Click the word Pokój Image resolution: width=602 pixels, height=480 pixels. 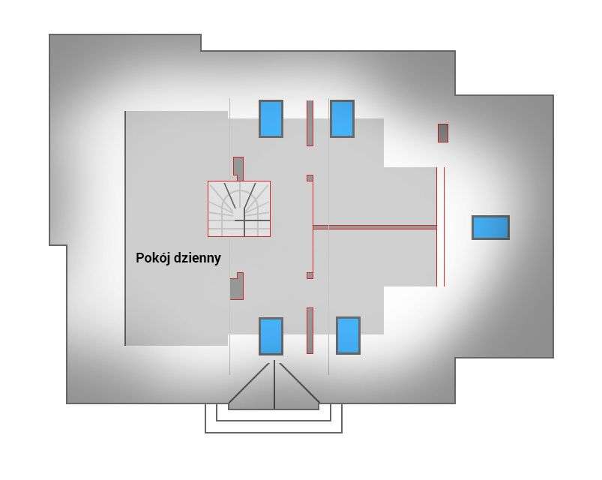coord(153,258)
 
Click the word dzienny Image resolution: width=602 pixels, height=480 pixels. coord(197,258)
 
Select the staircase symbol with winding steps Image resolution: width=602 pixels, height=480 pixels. coord(239,208)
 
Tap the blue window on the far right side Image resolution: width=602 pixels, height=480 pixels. coord(490,228)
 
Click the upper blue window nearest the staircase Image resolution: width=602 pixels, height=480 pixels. coord(271,118)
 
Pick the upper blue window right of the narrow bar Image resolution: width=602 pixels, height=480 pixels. coord(342,118)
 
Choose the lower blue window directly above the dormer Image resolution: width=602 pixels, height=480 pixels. coord(271,336)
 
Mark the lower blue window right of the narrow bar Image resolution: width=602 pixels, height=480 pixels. coord(348,335)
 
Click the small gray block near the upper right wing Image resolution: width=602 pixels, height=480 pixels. coord(443,133)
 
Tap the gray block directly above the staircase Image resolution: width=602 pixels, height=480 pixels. coord(238,167)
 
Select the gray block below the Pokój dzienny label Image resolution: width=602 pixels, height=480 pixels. coord(237,286)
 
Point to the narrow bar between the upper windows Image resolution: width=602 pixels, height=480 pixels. coord(310,123)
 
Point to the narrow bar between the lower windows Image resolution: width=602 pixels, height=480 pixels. coord(310,330)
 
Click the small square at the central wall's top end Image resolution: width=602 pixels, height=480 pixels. coord(310,178)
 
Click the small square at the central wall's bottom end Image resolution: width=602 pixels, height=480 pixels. coord(310,276)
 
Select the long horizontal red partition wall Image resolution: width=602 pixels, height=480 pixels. coord(375,227)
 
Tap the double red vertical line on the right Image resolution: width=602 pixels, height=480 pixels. coord(440,226)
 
